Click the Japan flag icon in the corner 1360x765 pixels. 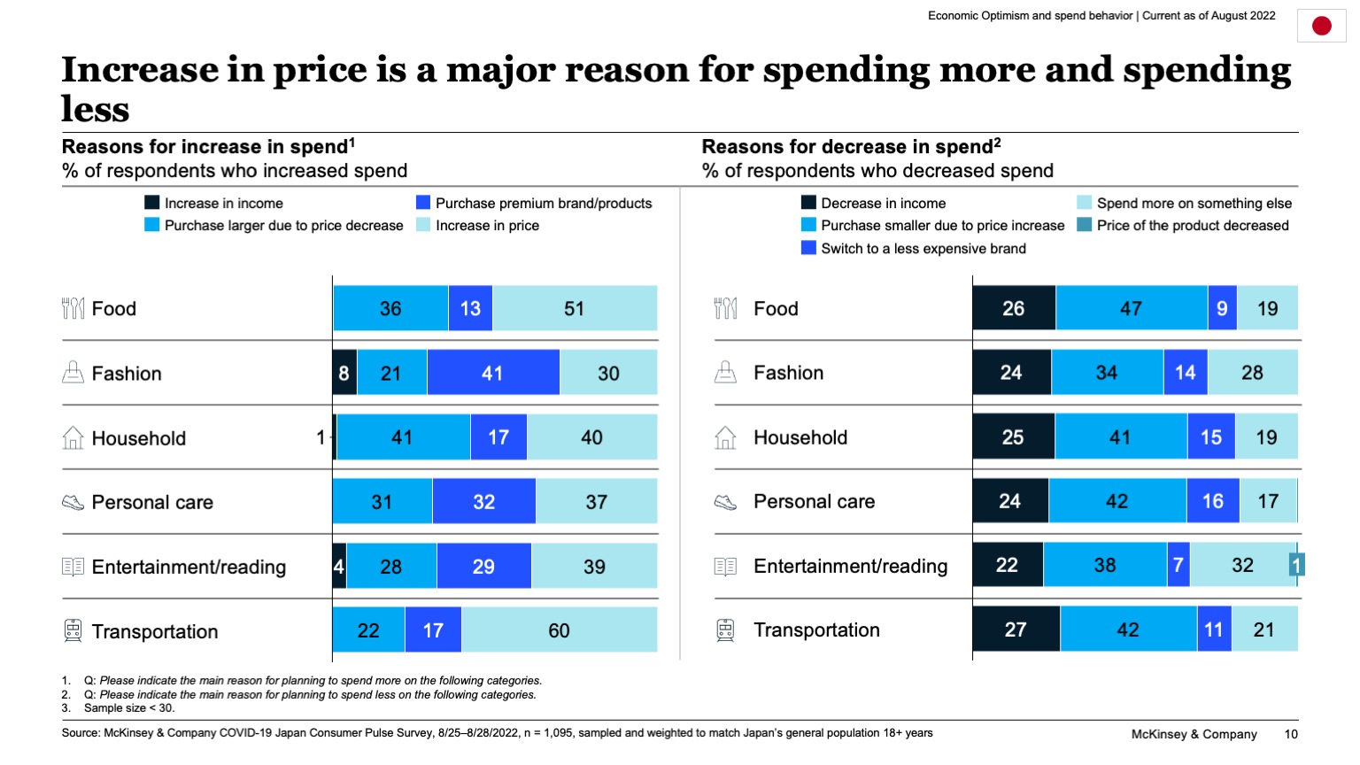click(1321, 27)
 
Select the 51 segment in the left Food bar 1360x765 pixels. click(575, 308)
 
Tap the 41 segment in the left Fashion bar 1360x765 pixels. click(493, 373)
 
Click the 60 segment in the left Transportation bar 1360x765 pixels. click(559, 630)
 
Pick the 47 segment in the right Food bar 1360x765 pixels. click(1131, 308)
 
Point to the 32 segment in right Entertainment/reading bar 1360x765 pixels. click(1242, 565)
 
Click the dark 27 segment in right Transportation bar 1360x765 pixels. click(1016, 630)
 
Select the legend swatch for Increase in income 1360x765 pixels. click(152, 203)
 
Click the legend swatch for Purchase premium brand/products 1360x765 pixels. click(423, 203)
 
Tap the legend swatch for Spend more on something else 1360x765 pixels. click(1085, 203)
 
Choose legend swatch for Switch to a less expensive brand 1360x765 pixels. click(808, 248)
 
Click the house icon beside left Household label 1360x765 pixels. click(73, 437)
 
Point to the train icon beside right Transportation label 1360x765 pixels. click(725, 630)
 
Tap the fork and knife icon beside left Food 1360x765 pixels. click(73, 308)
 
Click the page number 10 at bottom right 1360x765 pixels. click(1291, 734)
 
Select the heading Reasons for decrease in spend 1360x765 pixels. click(851, 147)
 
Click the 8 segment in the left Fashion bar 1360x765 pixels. click(344, 373)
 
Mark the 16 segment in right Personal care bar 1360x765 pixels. click(1212, 501)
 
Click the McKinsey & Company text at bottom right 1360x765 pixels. click(1194, 734)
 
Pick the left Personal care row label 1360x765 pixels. click(152, 502)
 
